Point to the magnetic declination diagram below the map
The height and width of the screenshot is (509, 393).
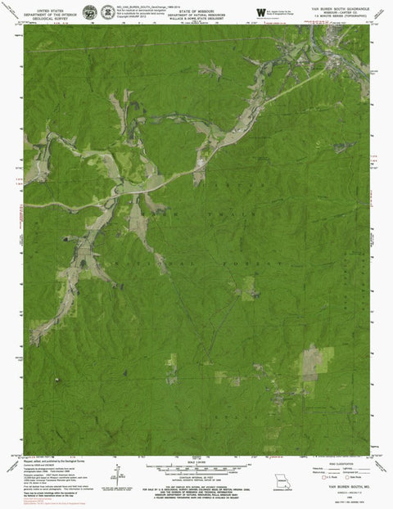click(x=120, y=474)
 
